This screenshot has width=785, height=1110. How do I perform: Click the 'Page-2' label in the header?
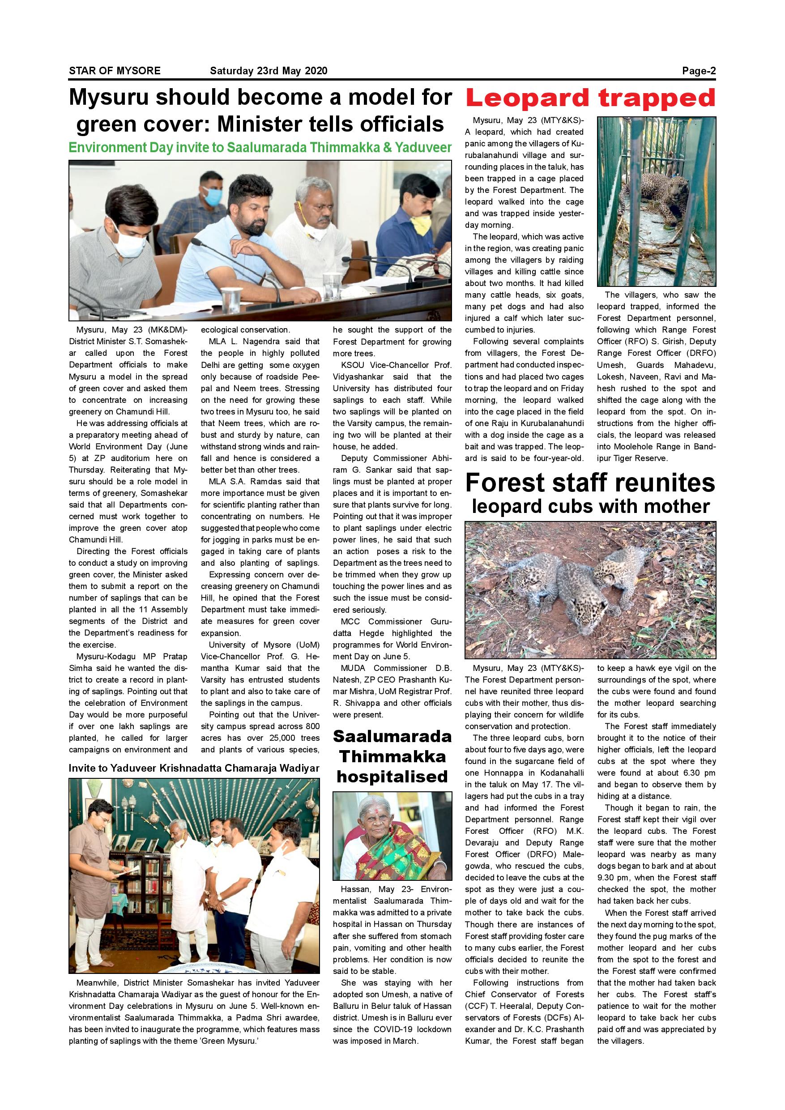pos(698,71)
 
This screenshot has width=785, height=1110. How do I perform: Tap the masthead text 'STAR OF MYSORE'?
pos(115,71)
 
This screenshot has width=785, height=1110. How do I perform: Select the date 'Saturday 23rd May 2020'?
pos(268,71)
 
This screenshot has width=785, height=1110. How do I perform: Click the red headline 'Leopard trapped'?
pos(590,98)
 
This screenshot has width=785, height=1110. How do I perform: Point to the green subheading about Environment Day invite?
pos(260,147)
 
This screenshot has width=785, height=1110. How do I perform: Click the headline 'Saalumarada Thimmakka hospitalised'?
pos(392,756)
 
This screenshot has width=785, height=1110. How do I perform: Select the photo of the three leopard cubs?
pos(590,589)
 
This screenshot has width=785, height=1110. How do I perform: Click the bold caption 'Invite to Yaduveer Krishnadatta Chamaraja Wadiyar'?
pos(194,768)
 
